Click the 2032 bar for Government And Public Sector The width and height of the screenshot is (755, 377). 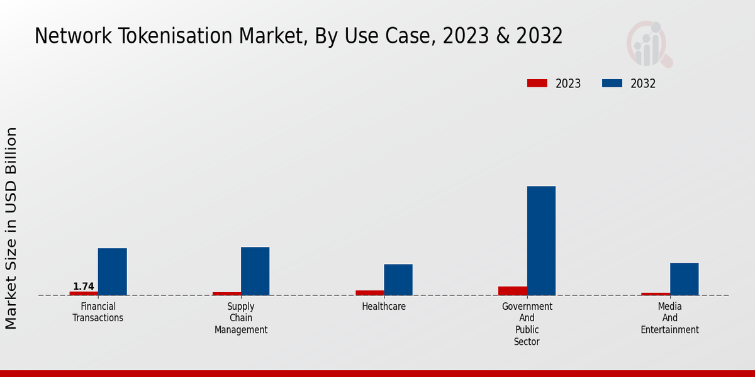[x=541, y=241]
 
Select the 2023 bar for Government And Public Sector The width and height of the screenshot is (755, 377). [x=512, y=291]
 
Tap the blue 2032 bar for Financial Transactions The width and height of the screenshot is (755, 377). [x=112, y=271]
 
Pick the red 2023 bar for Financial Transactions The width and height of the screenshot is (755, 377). [x=84, y=293]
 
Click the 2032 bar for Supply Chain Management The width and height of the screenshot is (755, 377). [x=255, y=271]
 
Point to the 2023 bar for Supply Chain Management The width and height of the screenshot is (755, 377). [x=226, y=293]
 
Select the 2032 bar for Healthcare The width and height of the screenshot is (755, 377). [x=398, y=280]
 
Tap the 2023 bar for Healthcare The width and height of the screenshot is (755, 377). [x=369, y=293]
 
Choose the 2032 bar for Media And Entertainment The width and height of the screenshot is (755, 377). [x=684, y=279]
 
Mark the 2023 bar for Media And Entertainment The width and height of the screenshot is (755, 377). [x=656, y=294]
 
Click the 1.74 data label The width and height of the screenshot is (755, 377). [x=84, y=287]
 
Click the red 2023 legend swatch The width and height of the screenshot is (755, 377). [x=537, y=84]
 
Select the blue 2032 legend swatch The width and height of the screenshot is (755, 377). [x=612, y=84]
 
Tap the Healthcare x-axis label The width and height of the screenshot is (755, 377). [x=384, y=307]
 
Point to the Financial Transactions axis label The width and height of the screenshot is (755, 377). [x=98, y=312]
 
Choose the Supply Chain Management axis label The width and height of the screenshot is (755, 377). [x=241, y=318]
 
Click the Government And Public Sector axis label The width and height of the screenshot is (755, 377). [x=527, y=324]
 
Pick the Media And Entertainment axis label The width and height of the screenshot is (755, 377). [x=670, y=318]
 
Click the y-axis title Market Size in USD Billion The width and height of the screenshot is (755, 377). [x=11, y=228]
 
